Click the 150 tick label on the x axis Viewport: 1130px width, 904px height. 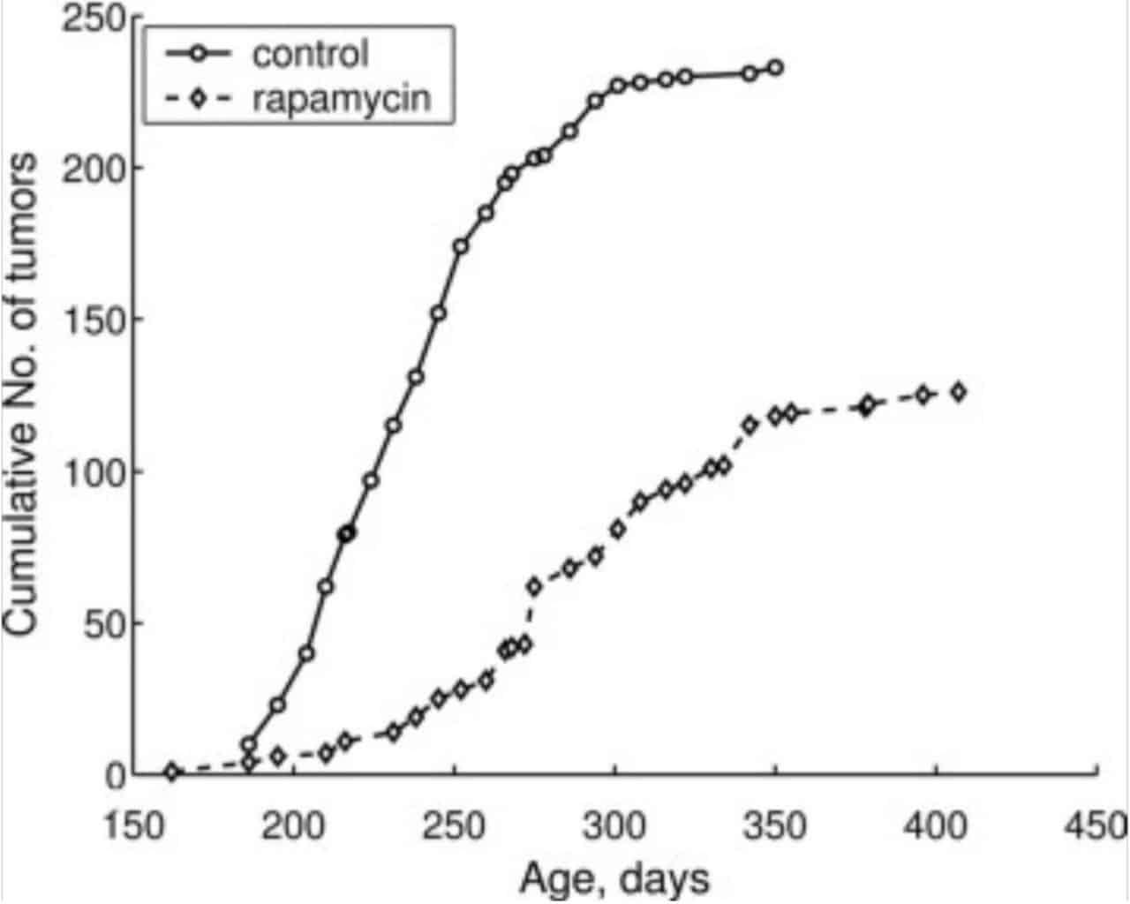click(x=132, y=827)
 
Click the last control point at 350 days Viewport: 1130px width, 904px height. click(x=775, y=68)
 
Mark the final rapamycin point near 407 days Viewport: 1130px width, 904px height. click(x=959, y=392)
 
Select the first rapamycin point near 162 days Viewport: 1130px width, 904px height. click(x=172, y=772)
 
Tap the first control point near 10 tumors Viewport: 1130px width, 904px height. click(x=249, y=744)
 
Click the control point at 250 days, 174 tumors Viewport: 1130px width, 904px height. click(x=460, y=246)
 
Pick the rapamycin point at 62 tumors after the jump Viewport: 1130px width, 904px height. click(x=534, y=586)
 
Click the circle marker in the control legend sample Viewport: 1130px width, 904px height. click(x=199, y=54)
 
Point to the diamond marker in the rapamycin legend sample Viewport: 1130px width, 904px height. click(x=199, y=98)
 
